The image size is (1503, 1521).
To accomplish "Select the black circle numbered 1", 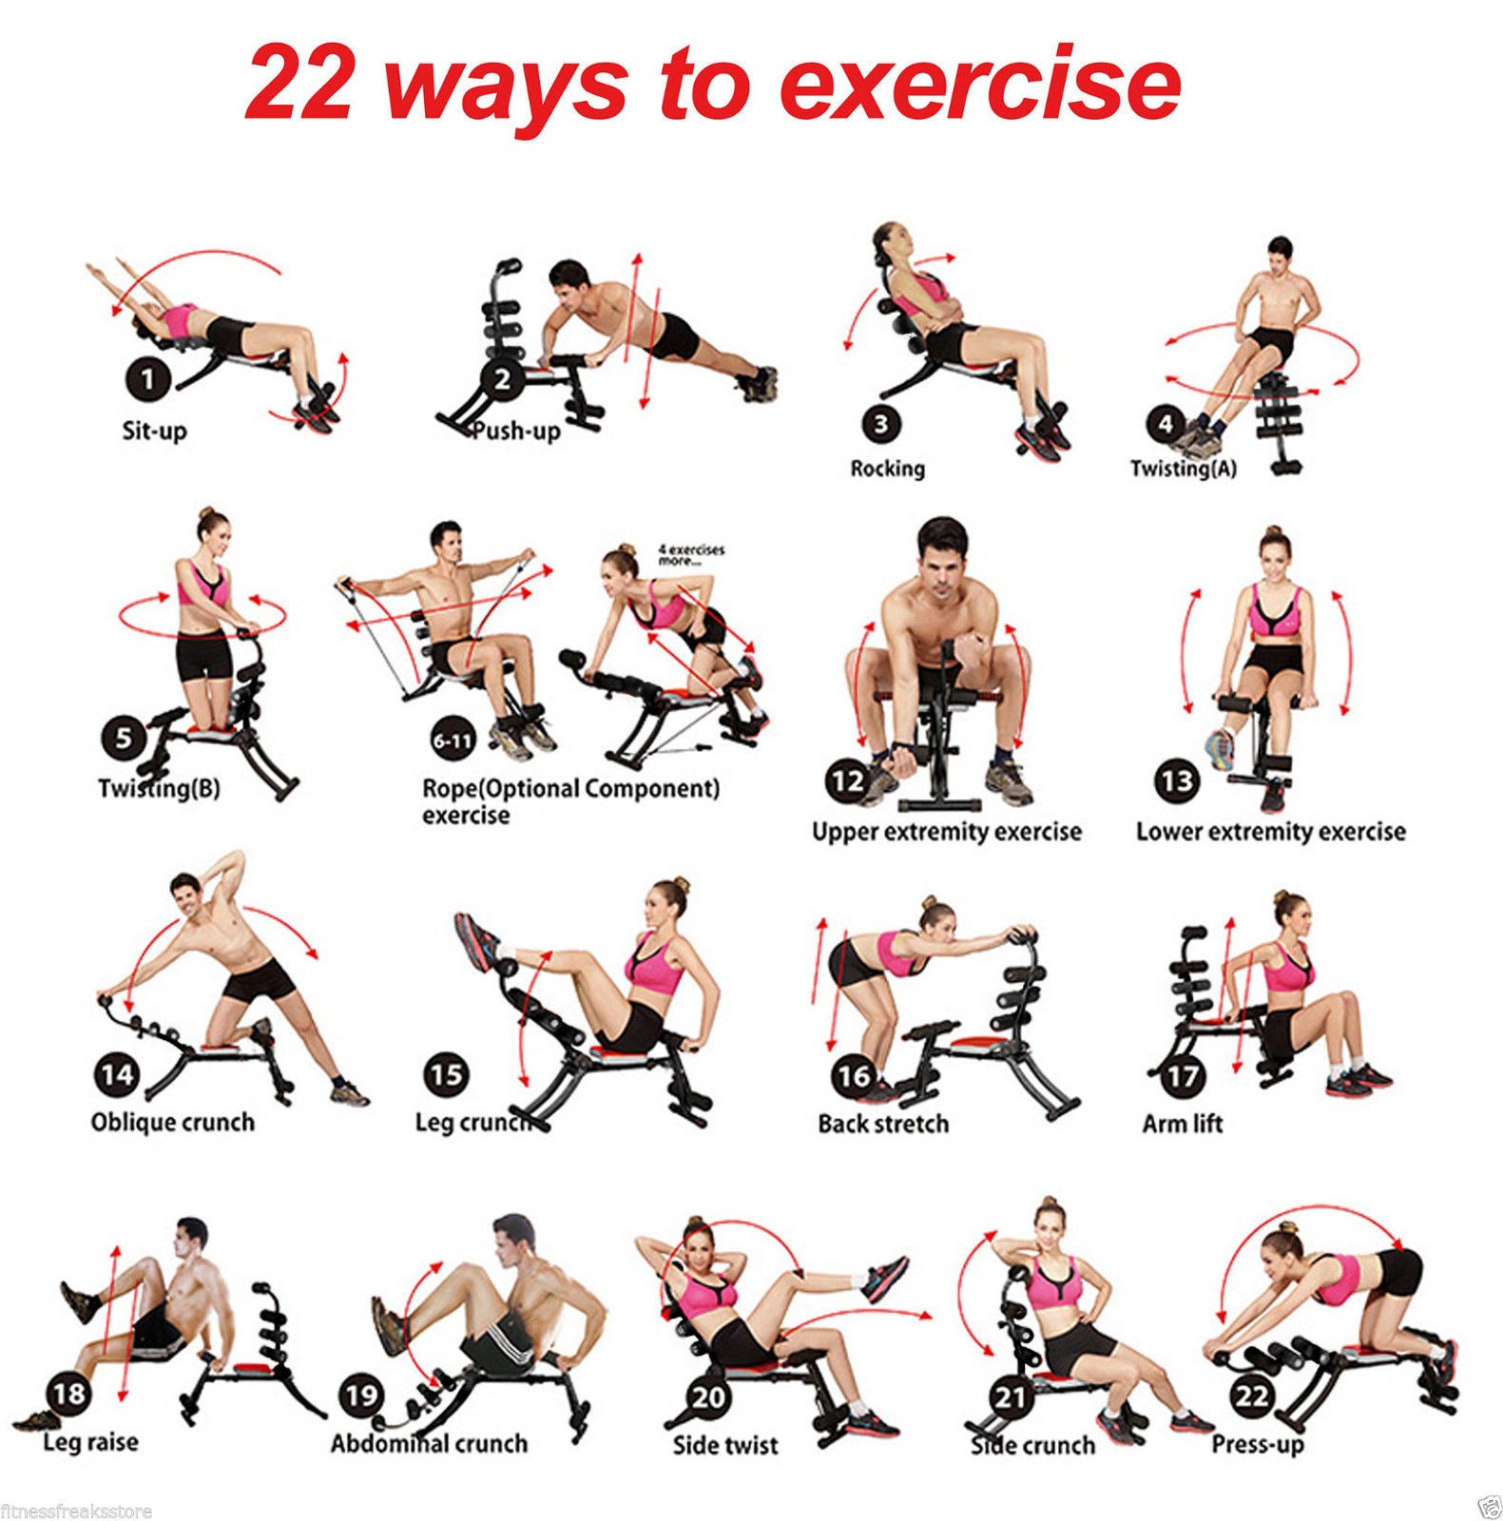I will coord(147,381).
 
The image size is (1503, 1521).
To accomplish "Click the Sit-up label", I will coord(154,431).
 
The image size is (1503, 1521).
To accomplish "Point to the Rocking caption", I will coord(887,469).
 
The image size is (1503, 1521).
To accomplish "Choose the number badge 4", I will coord(1166,424).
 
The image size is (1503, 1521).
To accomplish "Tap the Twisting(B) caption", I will coord(159,789).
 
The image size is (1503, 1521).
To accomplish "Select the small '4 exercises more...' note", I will coord(691,555).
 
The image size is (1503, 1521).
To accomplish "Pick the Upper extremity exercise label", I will coord(946,832).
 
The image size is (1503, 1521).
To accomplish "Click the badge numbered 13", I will coord(1176,781).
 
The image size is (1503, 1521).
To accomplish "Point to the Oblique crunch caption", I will coord(173,1122).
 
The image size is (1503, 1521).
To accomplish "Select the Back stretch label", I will coord(883,1124).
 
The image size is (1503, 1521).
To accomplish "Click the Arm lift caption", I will coord(1182,1124).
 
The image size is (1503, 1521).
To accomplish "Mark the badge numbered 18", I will coord(68,1395).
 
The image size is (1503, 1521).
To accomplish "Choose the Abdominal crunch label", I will coord(429,1443).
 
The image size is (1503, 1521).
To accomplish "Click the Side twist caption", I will coord(725,1445).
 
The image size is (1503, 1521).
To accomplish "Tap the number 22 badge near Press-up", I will coord(1252,1396).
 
